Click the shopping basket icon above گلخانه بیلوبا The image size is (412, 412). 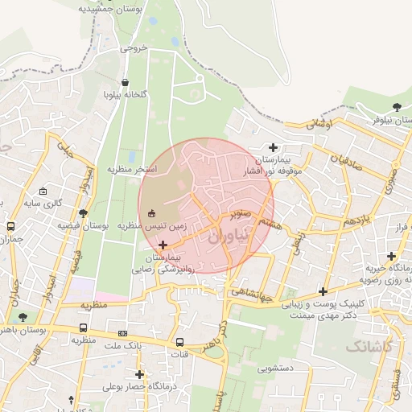pyautogui.click(x=125, y=81)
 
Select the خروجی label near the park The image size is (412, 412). pyautogui.click(x=134, y=48)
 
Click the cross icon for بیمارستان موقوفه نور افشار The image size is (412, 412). pyautogui.click(x=274, y=147)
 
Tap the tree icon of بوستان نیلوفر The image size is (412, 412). pyautogui.click(x=396, y=107)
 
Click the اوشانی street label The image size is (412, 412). pyautogui.click(x=319, y=125)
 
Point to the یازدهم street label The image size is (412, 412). pyautogui.click(x=355, y=220)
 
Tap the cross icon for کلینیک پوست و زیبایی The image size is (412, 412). pyautogui.click(x=323, y=291)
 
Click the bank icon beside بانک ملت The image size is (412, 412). pyautogui.click(x=122, y=333)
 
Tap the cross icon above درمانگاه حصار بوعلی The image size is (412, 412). pyautogui.click(x=139, y=373)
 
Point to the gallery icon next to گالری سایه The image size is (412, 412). pyautogui.click(x=43, y=192)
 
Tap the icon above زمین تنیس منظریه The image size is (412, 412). pyautogui.click(x=152, y=213)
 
